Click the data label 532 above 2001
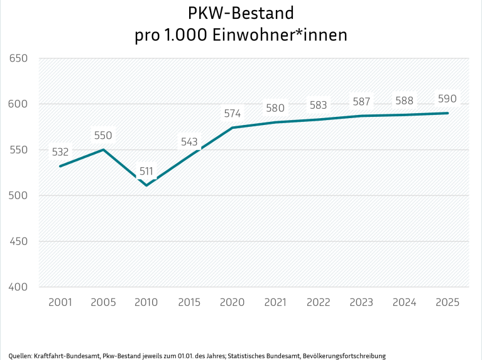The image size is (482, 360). (x=60, y=151)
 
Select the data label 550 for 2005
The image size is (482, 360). (x=103, y=135)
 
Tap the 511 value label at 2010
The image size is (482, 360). (x=146, y=170)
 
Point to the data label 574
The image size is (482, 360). (x=233, y=114)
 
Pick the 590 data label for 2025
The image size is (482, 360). (x=447, y=99)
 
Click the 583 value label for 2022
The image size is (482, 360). (x=318, y=105)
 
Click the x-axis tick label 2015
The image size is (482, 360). (x=189, y=302)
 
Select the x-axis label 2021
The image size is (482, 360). (x=275, y=302)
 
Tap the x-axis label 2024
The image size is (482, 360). (x=404, y=302)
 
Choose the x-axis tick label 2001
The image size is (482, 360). (x=60, y=302)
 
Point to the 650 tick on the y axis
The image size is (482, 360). (x=19, y=58)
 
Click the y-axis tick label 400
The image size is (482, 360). (x=19, y=287)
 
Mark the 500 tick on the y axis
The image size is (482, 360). (x=19, y=195)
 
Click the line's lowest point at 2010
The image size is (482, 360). (x=146, y=185)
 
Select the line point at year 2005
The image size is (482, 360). (x=103, y=150)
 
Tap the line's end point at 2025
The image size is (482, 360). (x=447, y=113)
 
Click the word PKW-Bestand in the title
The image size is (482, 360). (x=241, y=13)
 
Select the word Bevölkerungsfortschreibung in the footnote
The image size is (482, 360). (x=344, y=356)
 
